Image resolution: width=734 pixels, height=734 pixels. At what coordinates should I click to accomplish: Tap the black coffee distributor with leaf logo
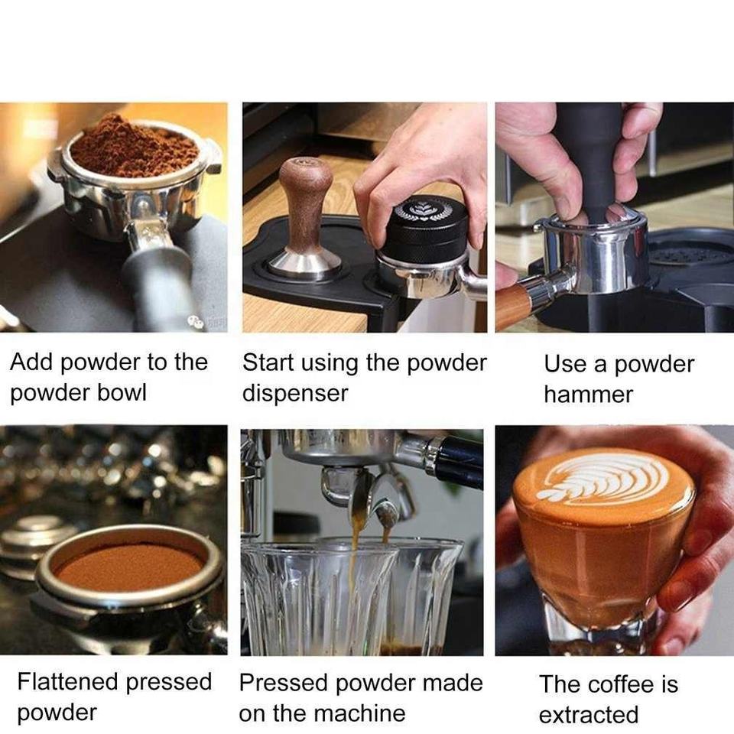[423, 229]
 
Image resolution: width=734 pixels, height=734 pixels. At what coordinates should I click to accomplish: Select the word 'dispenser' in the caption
[295, 393]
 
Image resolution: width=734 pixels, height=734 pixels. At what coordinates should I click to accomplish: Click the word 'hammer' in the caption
[588, 395]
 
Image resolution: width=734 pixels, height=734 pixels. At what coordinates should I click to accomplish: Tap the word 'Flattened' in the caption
[68, 681]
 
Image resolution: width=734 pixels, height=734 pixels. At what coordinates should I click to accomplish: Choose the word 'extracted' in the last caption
[589, 715]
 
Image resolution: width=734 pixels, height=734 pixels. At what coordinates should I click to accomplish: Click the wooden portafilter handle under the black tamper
[514, 301]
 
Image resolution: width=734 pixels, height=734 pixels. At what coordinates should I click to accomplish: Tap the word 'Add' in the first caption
[31, 362]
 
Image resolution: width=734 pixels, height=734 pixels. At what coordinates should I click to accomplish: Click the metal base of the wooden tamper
[304, 265]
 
